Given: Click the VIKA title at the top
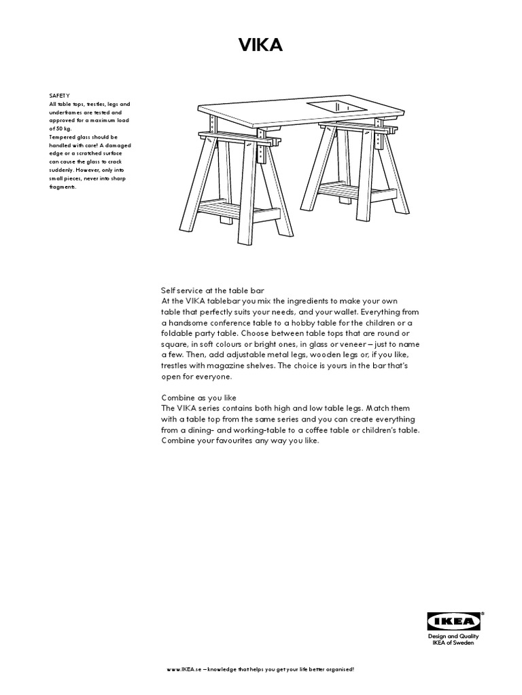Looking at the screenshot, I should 260,45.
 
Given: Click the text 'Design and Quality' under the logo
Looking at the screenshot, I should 453,636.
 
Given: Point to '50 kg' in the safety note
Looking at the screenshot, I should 62,128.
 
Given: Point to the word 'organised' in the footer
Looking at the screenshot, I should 334,669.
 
